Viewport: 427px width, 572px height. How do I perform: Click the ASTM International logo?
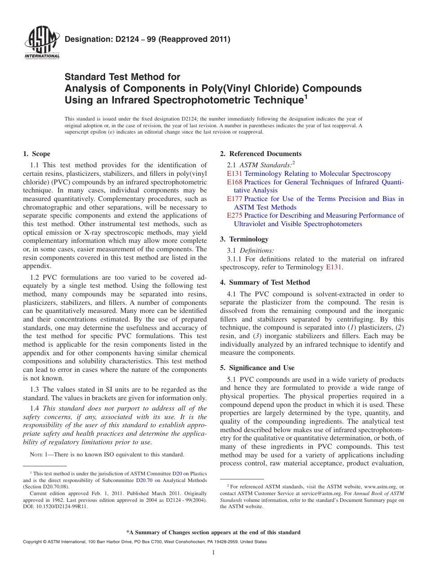tap(42, 43)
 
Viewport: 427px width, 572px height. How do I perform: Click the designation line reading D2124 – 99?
tap(147, 40)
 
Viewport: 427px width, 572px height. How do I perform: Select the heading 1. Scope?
tap(37, 154)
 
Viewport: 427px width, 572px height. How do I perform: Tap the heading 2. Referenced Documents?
tap(261, 154)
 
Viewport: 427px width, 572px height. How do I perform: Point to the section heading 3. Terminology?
tap(244, 239)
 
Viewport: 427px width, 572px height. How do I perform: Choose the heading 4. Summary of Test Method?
tap(265, 282)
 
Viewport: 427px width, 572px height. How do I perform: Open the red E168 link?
tap(235, 182)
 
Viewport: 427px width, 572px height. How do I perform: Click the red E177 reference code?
tap(235, 199)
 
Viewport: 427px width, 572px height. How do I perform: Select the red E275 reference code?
tap(235, 215)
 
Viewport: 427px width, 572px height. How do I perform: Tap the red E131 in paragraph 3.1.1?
tap(334, 267)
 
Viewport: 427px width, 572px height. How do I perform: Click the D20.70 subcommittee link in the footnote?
tap(143, 480)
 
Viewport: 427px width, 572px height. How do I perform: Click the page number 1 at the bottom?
tap(214, 552)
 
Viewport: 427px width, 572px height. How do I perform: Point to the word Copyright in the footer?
tap(33, 542)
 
